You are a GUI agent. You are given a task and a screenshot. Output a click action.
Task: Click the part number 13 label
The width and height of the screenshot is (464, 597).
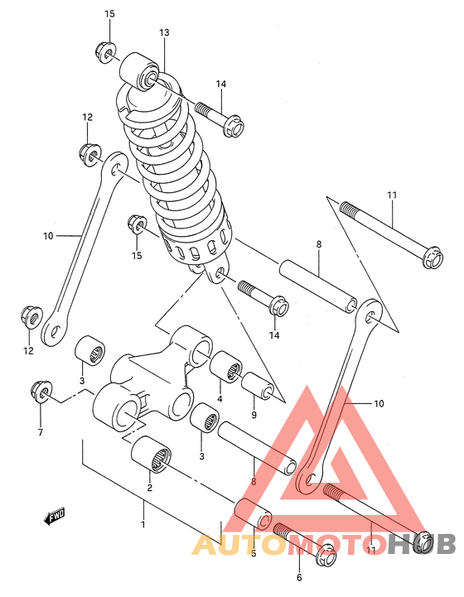[164, 32]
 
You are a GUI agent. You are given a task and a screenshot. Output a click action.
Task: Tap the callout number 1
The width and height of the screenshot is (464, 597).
[143, 524]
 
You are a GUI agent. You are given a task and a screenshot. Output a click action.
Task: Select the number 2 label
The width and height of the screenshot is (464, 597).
[150, 488]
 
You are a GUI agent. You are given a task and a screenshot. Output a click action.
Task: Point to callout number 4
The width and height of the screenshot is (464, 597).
[220, 398]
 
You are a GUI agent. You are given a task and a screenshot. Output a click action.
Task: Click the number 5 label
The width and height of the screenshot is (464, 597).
[253, 553]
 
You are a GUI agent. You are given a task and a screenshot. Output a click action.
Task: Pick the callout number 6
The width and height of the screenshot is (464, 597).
[299, 577]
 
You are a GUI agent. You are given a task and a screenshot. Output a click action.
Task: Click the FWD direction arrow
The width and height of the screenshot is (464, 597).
[56, 518]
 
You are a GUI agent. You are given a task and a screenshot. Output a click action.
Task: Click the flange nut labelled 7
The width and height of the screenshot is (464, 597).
[39, 390]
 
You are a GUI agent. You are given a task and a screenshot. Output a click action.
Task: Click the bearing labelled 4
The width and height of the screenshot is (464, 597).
[225, 367]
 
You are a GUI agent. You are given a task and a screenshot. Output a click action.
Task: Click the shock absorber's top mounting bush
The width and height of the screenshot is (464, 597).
[140, 72]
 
